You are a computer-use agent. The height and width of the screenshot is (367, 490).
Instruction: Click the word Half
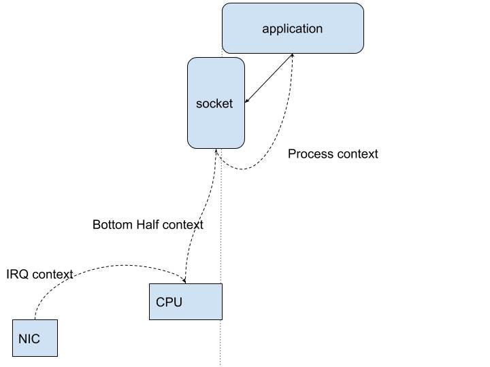point(150,224)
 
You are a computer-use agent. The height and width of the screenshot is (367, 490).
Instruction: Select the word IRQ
point(17,275)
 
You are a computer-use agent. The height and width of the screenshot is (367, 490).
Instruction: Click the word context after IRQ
point(52,275)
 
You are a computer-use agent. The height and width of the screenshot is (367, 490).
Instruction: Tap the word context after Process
point(356,154)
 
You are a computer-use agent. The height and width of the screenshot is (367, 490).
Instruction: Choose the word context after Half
point(184,224)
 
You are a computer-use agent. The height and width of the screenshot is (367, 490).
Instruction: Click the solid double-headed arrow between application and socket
point(269,78)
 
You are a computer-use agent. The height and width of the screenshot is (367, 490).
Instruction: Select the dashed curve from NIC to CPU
point(102,266)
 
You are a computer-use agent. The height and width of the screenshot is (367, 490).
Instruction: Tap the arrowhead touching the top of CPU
point(184,280)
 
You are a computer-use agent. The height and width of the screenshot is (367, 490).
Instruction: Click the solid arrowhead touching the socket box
point(247,101)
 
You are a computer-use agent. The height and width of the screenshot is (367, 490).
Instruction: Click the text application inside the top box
point(293,29)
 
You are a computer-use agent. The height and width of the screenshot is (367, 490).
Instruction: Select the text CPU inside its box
point(169,302)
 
